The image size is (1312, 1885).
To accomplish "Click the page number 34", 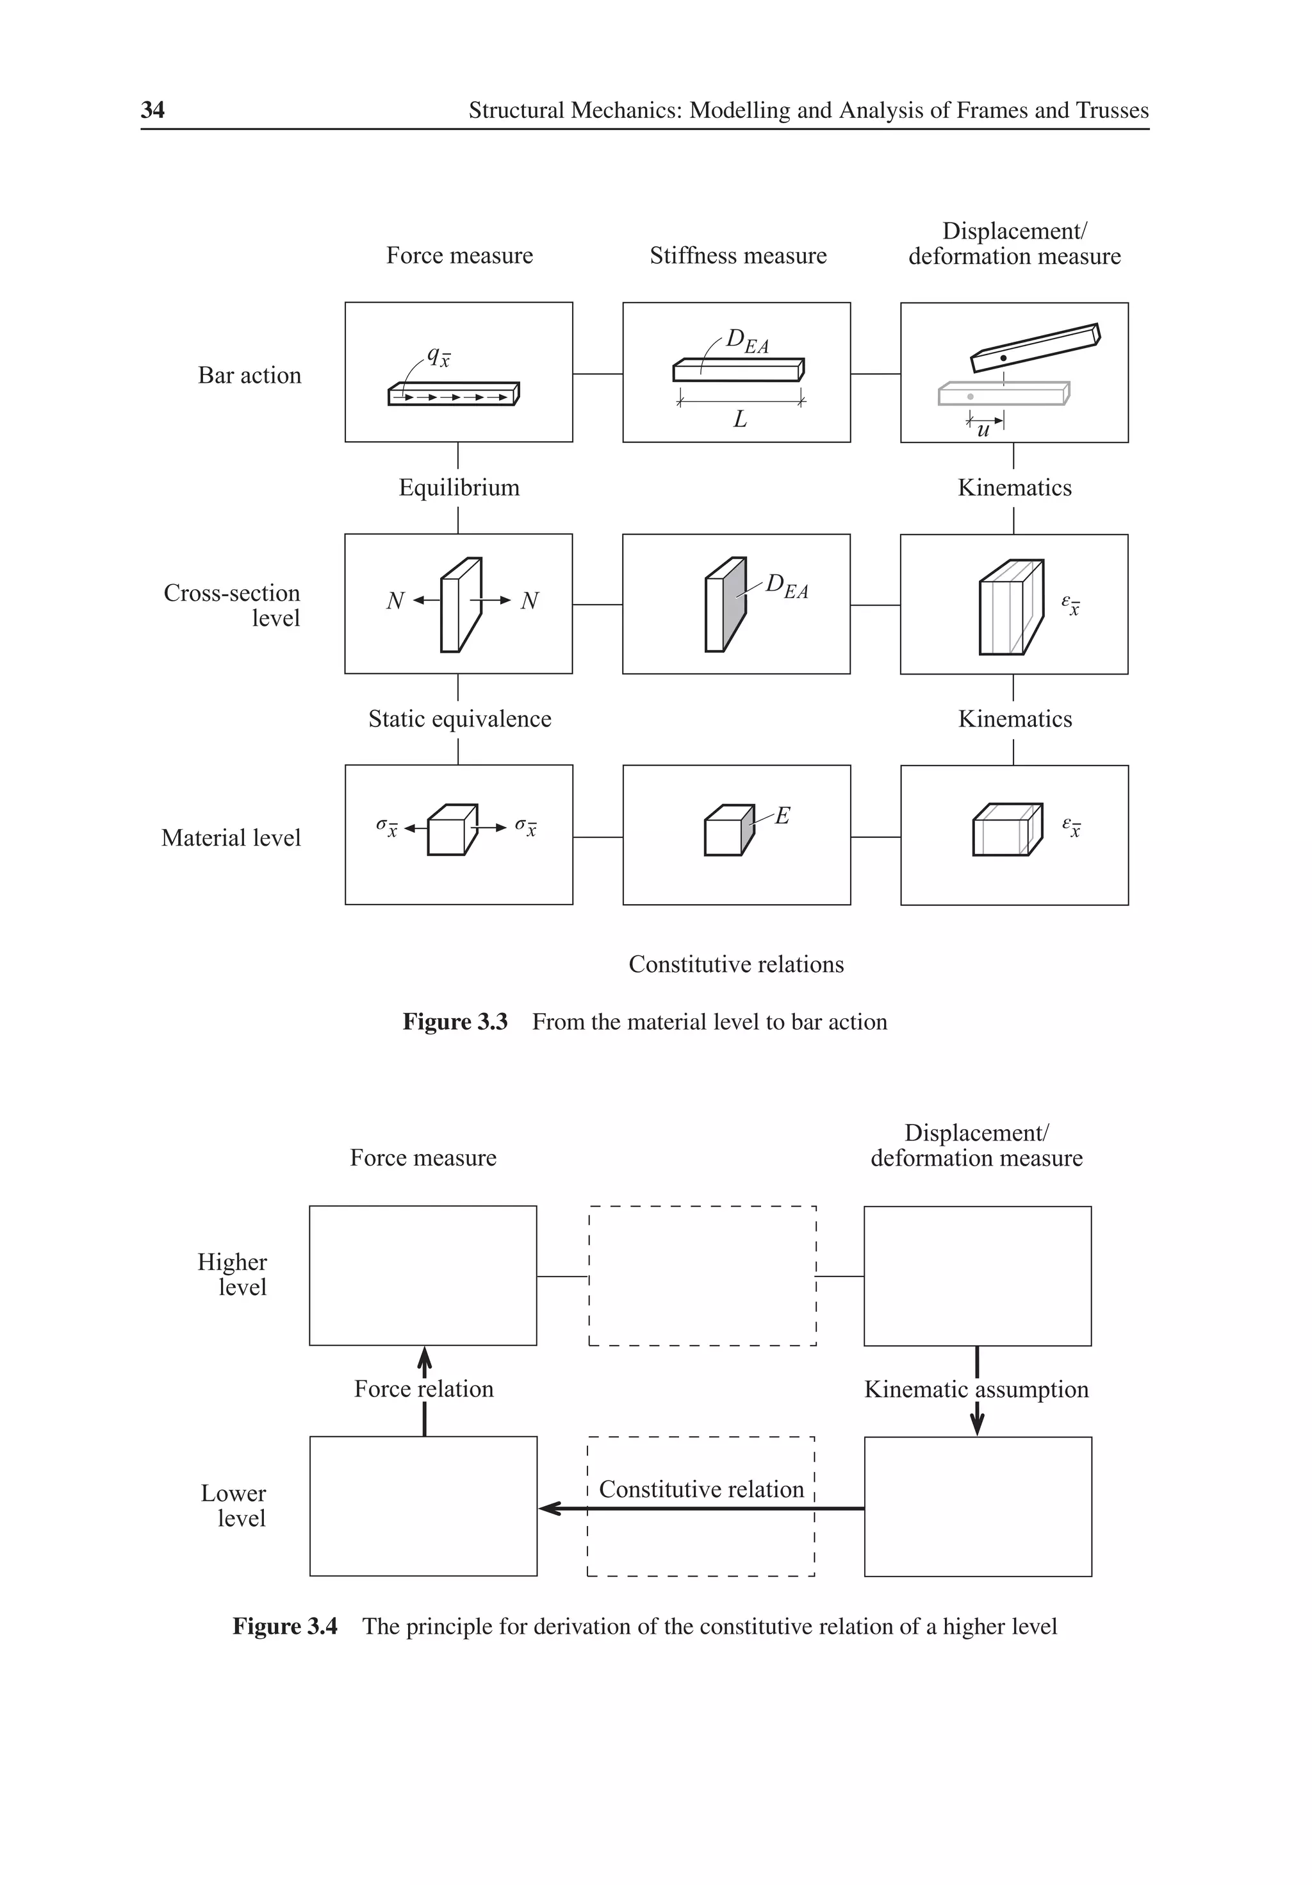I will (152, 110).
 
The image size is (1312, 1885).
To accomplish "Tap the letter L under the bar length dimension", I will (740, 419).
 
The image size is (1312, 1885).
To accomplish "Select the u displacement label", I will (983, 430).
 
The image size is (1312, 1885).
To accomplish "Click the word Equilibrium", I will (459, 488).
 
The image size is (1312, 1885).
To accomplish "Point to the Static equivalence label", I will (459, 719).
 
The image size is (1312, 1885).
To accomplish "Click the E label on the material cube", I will (782, 816).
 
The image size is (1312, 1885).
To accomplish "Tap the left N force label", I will (395, 601).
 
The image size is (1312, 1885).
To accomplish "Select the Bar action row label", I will (249, 375).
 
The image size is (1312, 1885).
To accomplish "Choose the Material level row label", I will (231, 837).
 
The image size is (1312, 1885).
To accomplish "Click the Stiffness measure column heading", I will (737, 255).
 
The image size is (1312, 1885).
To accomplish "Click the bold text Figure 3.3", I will (455, 1021).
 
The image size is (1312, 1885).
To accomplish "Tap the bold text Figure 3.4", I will (284, 1627).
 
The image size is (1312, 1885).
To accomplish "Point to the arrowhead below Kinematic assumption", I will (977, 1425).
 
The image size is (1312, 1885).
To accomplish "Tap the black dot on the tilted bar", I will (1003, 358).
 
